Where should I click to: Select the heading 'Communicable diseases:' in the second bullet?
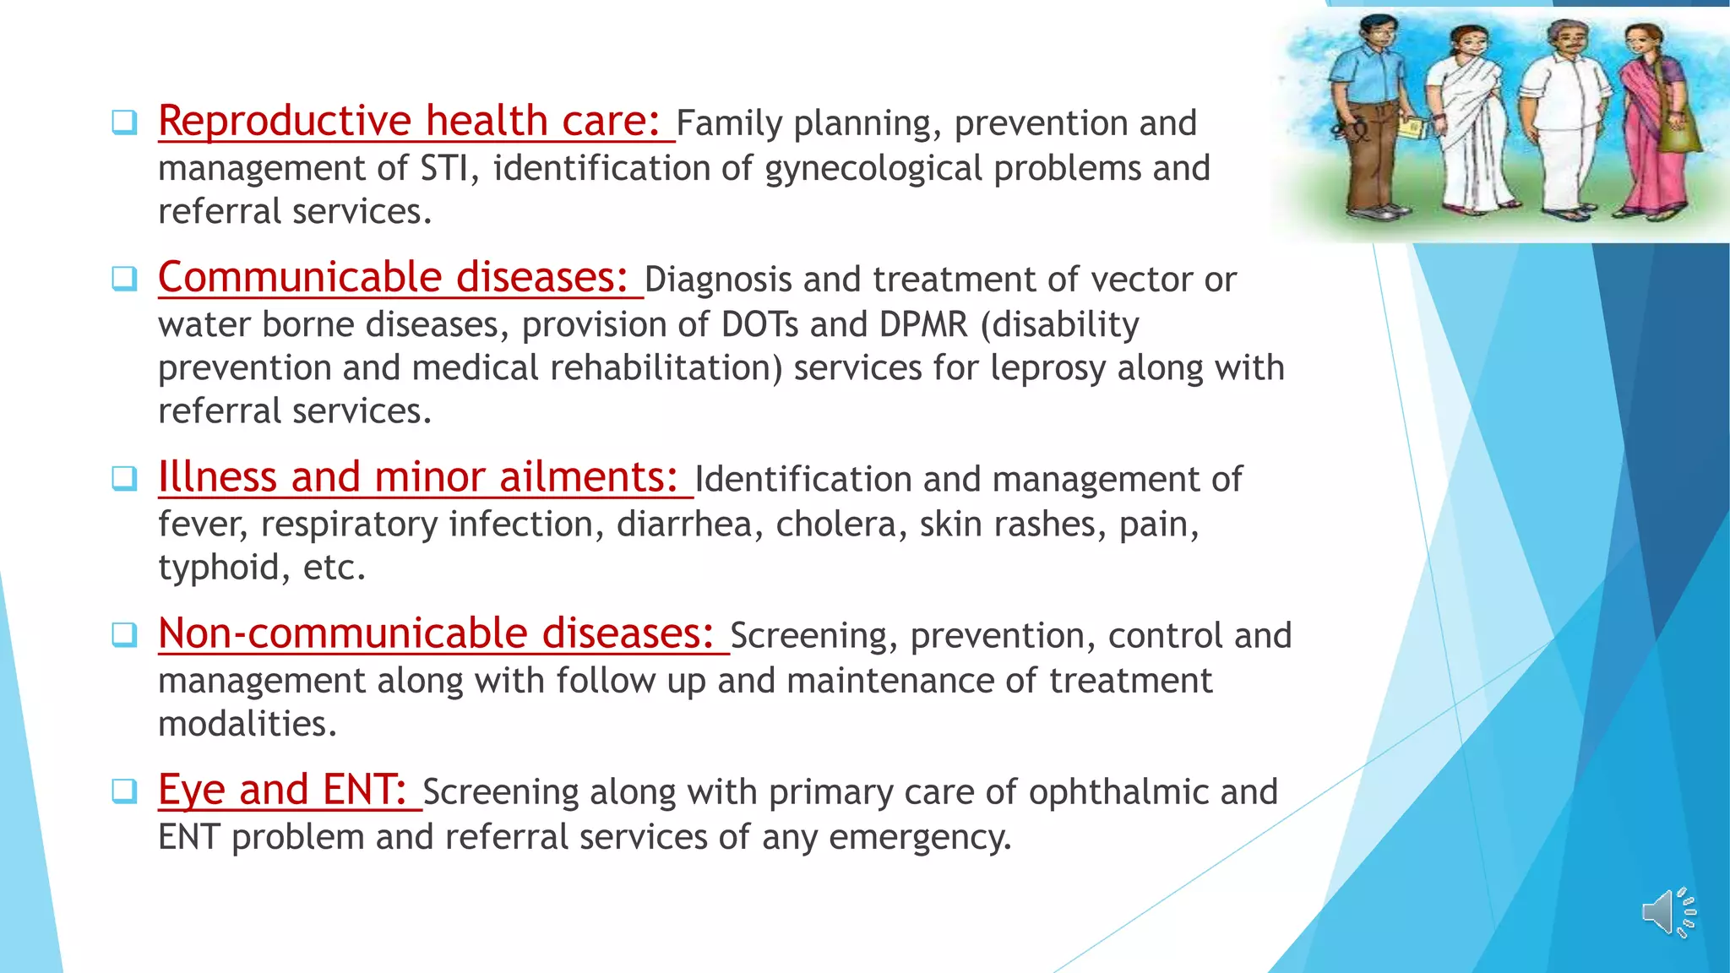pyautogui.click(x=394, y=278)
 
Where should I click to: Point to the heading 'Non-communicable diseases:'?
pyautogui.click(x=437, y=634)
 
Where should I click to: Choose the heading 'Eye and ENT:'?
pyautogui.click(x=283, y=791)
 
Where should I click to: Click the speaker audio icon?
pyautogui.click(x=1667, y=913)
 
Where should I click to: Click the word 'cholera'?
pyautogui.click(x=835, y=525)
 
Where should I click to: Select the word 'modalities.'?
pyautogui.click(x=248, y=724)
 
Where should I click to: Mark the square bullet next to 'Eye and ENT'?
pyautogui.click(x=124, y=791)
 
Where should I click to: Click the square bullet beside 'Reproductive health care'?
pyautogui.click(x=124, y=122)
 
